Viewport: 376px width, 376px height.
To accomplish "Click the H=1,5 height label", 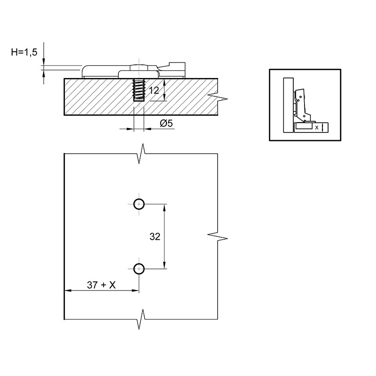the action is [x=24, y=52].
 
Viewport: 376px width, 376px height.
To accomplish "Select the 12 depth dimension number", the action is [x=154, y=90].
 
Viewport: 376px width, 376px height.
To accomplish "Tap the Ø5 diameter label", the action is [x=166, y=123].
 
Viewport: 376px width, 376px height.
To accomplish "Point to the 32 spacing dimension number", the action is [x=155, y=237].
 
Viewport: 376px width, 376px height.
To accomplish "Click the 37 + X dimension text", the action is [x=101, y=285].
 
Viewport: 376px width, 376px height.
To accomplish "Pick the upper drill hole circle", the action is [x=139, y=204].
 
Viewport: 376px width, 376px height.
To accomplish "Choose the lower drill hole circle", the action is [x=139, y=268].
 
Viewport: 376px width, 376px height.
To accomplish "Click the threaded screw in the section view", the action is [x=139, y=90].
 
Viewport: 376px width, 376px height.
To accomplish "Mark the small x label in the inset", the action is [x=317, y=127].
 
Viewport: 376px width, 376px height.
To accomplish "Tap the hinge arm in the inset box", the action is [x=301, y=105].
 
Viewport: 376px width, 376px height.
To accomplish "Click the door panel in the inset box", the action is [x=288, y=105].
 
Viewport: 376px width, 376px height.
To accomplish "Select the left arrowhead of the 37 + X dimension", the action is [x=68, y=290].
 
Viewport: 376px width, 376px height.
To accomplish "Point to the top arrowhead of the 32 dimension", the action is [x=164, y=208].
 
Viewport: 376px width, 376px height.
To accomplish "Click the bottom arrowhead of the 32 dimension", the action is [x=164, y=265].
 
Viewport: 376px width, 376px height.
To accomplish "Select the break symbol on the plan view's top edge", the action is [x=141, y=154].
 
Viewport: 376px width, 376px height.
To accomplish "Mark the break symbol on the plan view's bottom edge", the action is [x=141, y=319].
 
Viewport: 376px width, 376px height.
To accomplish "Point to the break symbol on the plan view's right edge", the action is [x=218, y=236].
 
